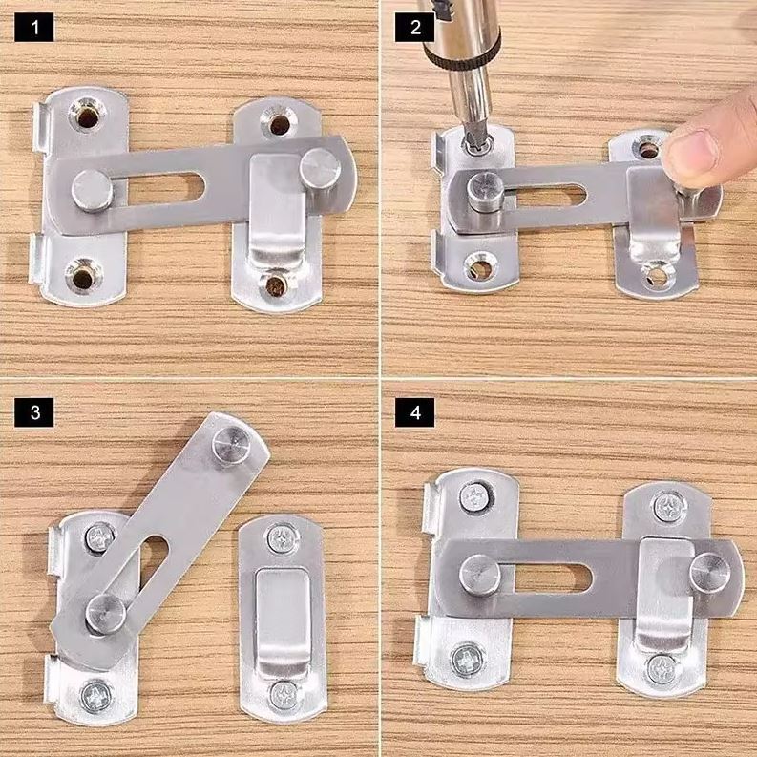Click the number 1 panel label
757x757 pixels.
[34, 28]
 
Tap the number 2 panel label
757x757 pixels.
[415, 28]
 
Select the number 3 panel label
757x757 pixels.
[34, 412]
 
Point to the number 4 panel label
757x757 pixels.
[415, 412]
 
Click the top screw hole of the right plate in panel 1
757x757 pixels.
[278, 124]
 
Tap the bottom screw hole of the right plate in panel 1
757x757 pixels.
[274, 284]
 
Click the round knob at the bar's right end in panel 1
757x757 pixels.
[320, 169]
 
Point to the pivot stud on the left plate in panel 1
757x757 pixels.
[93, 190]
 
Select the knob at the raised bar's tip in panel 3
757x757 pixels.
[231, 446]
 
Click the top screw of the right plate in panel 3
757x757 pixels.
[282, 539]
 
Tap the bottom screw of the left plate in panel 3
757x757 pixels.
[96, 696]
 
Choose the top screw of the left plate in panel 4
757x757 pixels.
[474, 497]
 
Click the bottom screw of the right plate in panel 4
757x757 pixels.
[662, 669]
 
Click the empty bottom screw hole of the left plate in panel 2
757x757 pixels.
[478, 265]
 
